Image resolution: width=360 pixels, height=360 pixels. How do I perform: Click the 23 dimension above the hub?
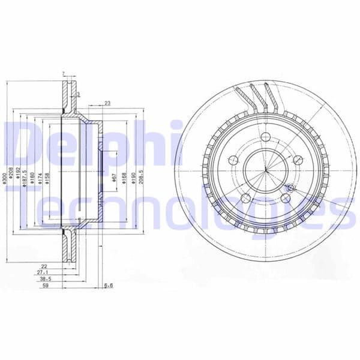107,104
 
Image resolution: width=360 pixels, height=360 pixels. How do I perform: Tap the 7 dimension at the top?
62,74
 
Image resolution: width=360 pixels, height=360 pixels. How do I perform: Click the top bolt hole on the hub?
265,136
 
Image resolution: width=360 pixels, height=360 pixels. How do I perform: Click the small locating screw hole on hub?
287,188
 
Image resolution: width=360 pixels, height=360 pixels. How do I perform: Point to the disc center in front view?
265,170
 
